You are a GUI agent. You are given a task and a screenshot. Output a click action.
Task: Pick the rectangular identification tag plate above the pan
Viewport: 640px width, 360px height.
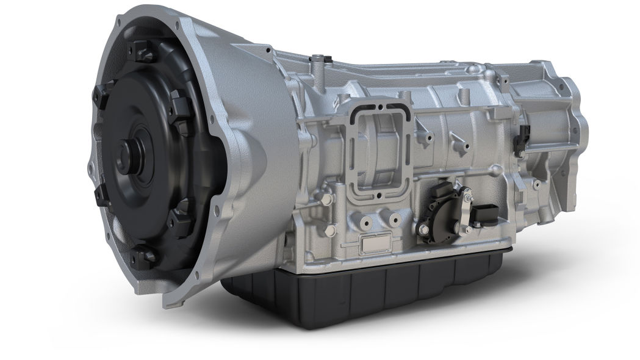[x=375, y=244]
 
